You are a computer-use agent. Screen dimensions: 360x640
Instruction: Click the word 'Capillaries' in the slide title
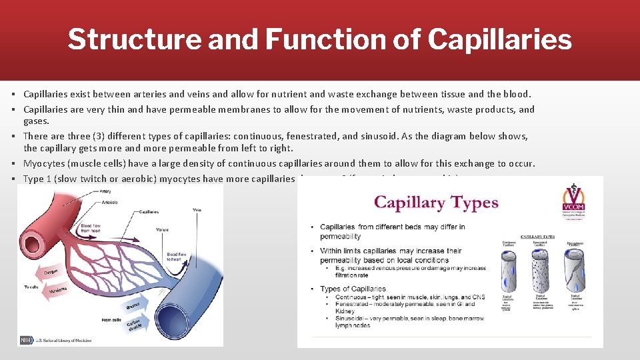coord(499,39)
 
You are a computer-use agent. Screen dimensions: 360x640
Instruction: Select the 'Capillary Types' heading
coord(436,202)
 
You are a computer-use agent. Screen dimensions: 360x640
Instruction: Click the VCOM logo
coord(577,205)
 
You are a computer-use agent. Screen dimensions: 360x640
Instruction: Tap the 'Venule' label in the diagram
coord(162,229)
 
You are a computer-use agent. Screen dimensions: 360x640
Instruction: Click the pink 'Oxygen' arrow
coord(55,271)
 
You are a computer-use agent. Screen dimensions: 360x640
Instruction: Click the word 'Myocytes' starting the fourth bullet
coord(44,163)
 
